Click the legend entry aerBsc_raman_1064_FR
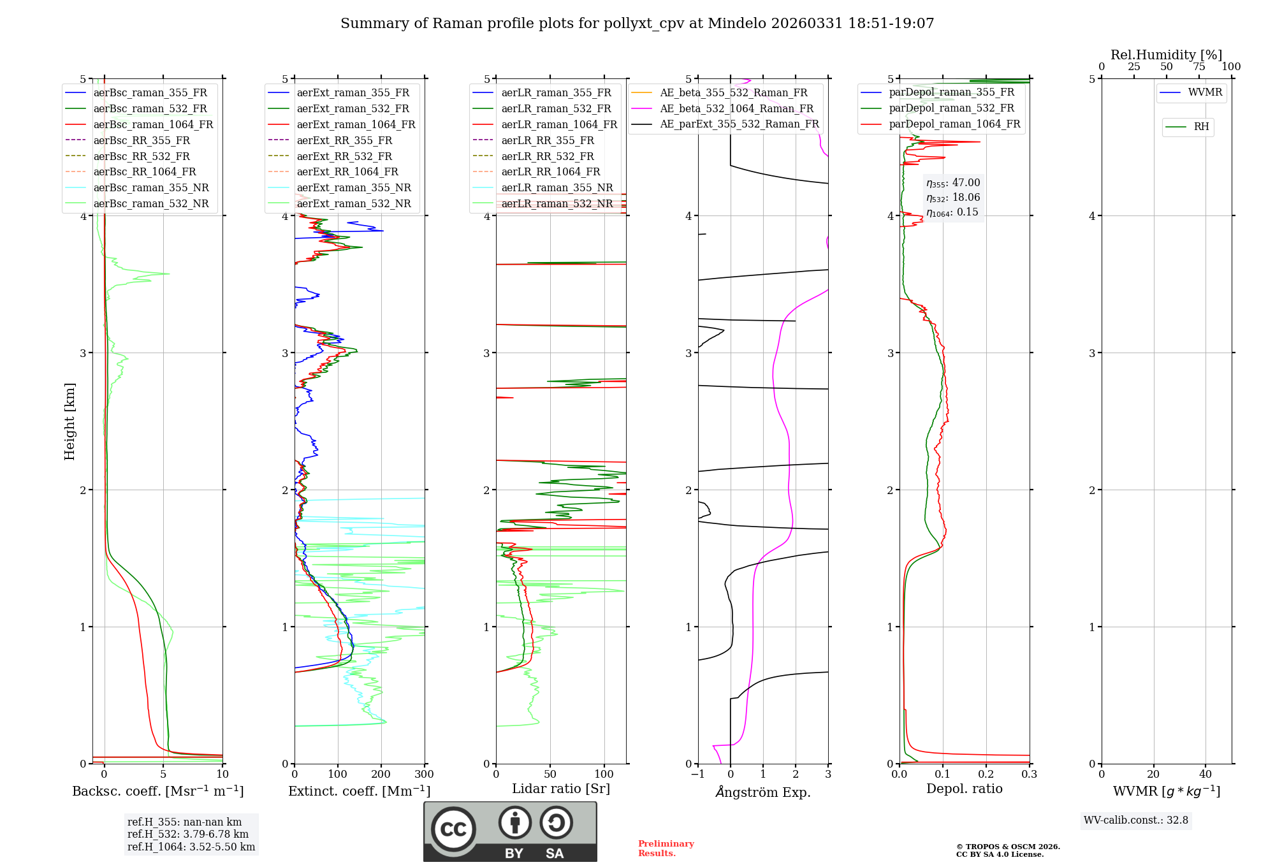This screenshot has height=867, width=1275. point(153,124)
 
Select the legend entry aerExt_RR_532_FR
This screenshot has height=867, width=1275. point(344,156)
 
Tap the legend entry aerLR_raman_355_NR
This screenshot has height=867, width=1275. point(557,187)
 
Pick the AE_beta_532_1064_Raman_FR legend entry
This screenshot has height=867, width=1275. point(736,108)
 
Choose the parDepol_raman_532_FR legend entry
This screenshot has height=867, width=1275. point(951,108)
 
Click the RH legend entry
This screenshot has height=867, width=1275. point(1201,127)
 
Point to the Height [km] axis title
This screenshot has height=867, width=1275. point(69,421)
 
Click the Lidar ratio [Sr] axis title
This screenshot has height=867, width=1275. point(561,789)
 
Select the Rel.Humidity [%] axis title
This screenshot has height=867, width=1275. point(1166,55)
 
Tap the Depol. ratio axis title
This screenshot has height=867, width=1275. point(964,789)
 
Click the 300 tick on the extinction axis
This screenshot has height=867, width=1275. point(425,775)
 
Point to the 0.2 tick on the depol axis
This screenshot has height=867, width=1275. point(986,775)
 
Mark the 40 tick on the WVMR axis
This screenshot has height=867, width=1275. point(1206,775)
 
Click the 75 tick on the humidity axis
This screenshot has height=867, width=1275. point(1199,66)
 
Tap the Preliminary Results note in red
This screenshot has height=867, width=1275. point(666,849)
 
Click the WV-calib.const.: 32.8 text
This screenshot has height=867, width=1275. point(1136,820)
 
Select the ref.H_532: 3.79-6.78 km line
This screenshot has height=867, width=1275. point(188,834)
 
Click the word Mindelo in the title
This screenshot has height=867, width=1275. point(737,24)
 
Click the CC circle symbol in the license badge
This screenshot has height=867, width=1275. point(453,829)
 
